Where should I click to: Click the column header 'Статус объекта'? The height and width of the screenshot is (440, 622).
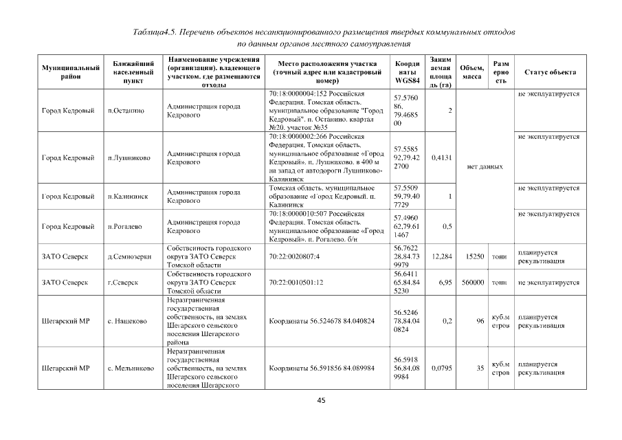550,72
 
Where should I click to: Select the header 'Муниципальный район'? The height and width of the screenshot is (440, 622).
71,72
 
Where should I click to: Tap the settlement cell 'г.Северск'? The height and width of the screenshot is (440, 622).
124,282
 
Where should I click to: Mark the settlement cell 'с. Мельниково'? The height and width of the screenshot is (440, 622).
131,368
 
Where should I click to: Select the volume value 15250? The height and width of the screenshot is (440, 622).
474,256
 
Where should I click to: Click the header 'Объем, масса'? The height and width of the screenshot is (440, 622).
471,72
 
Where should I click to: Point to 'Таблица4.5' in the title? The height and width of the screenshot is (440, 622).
157,33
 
